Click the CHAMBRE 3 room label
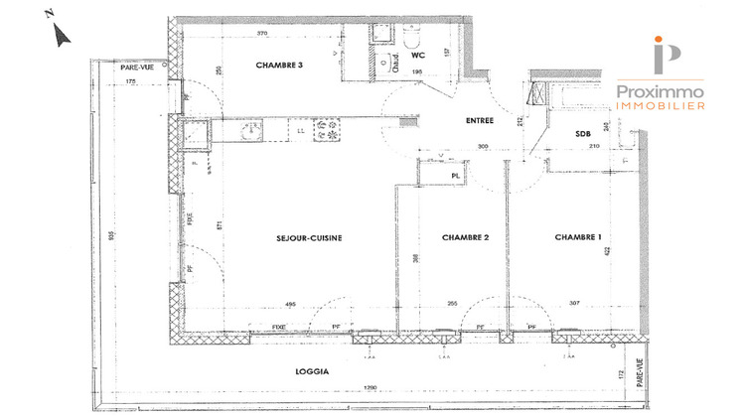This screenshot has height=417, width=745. point(280,66)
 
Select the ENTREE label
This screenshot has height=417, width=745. point(481,121)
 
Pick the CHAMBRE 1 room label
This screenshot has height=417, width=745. point(578,237)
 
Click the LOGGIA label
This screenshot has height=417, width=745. point(313,371)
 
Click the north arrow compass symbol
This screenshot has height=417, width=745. point(61,36)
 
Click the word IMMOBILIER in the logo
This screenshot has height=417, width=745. point(661,104)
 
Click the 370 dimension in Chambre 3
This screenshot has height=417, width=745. point(263,33)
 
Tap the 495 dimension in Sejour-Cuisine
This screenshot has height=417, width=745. point(291,305)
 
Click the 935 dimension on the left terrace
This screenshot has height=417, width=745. point(113,236)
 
